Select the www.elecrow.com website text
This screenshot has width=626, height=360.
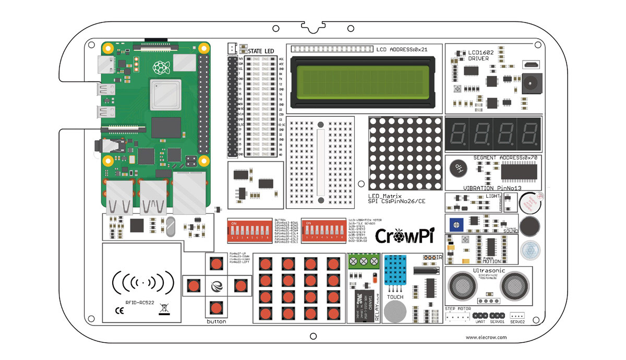[486, 338]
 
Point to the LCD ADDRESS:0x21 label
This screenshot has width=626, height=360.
[402, 50]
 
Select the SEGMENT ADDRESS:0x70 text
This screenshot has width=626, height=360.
[498, 157]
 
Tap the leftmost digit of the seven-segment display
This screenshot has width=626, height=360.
[458, 134]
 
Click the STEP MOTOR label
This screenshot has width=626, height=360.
[458, 309]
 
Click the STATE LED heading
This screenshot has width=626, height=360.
[261, 51]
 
